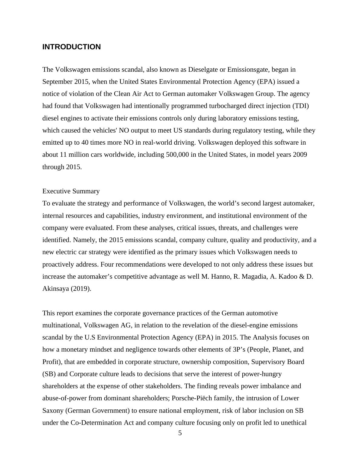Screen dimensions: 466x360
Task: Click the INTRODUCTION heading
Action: point(71,47)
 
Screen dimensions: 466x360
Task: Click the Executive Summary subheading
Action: point(71,191)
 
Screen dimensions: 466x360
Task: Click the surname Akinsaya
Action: point(56,289)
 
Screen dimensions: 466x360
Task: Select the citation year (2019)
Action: point(81,289)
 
